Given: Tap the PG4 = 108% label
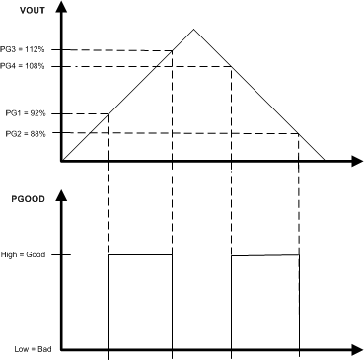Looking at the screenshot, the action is pos(23,66).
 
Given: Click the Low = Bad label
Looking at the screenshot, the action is pos(23,348).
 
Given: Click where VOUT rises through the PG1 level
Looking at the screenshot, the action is pos(108,113).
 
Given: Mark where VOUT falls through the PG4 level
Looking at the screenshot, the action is pos(231,66).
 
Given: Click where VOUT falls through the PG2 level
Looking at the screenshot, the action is pos(299,133).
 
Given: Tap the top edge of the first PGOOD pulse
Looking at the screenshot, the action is pos(139,255).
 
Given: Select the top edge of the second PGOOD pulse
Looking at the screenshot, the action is pos(264,256).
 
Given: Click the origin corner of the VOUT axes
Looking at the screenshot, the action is pos(61,161).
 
